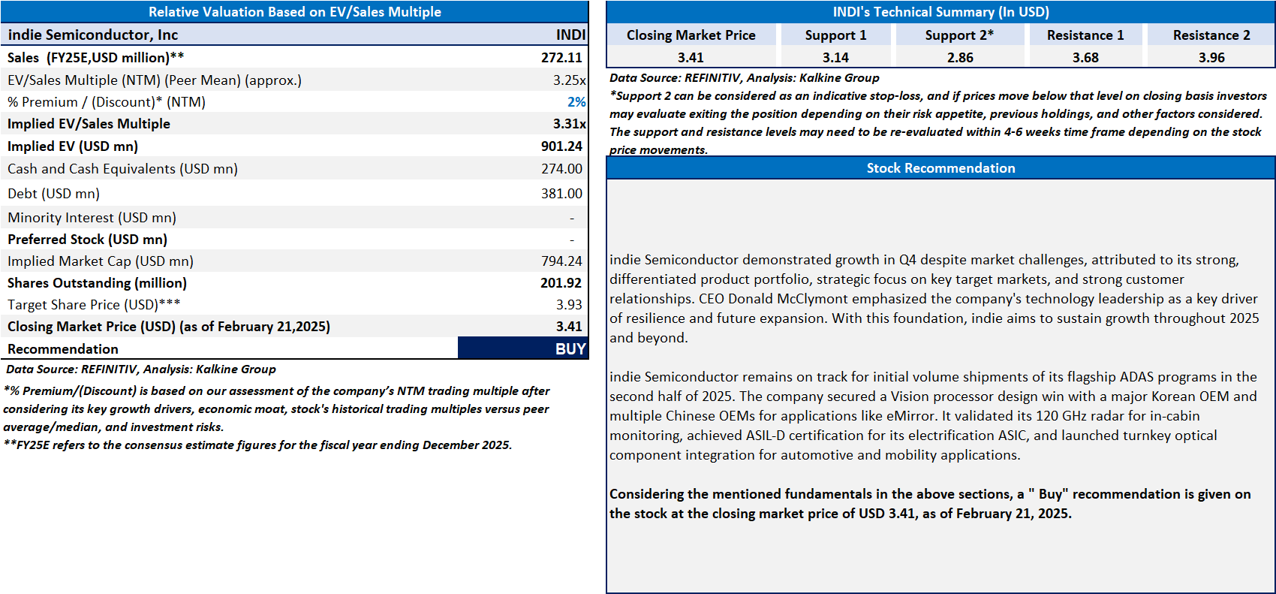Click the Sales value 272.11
(561, 58)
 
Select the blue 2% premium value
(576, 102)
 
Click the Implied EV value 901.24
(561, 146)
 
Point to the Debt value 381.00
(561, 194)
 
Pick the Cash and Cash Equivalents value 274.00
(561, 169)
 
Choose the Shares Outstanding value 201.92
(561, 283)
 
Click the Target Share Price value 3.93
(569, 305)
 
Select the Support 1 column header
(835, 35)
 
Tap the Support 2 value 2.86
(960, 58)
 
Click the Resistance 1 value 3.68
(1085, 58)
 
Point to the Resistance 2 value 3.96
(1211, 58)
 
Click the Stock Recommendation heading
(940, 168)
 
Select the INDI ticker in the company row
(570, 35)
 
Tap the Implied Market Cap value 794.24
(561, 261)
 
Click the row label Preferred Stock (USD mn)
(87, 240)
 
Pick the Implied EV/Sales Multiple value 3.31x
(569, 124)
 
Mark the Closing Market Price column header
(691, 35)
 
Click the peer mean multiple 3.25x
(569, 80)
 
